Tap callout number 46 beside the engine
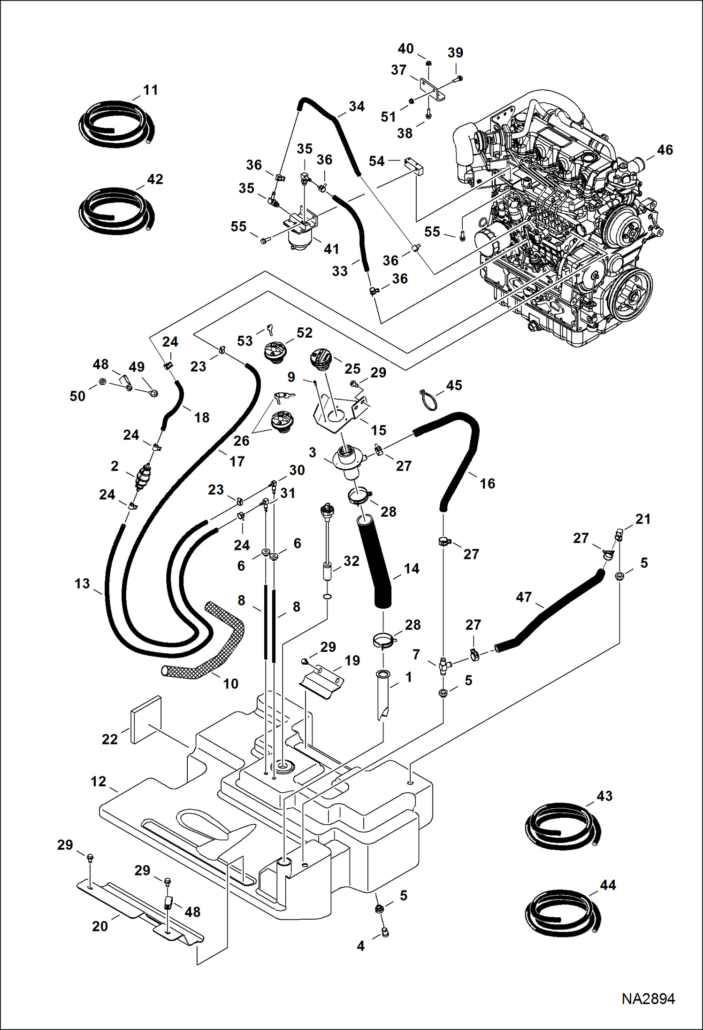(x=665, y=150)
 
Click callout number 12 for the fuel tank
(x=98, y=781)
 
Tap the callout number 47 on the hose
(x=524, y=597)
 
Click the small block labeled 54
(x=414, y=165)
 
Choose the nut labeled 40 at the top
(x=428, y=63)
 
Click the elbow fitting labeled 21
(x=619, y=534)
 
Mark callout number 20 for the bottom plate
(x=100, y=926)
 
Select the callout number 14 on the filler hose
(x=411, y=568)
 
